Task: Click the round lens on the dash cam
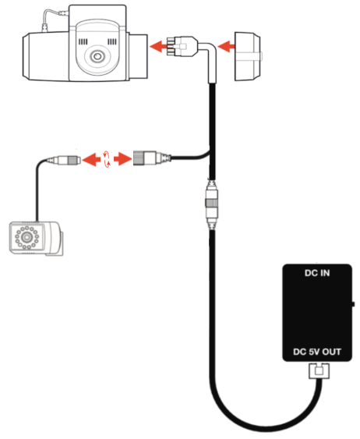[96, 58]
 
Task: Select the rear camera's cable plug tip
[69, 160]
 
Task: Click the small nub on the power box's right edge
[355, 304]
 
